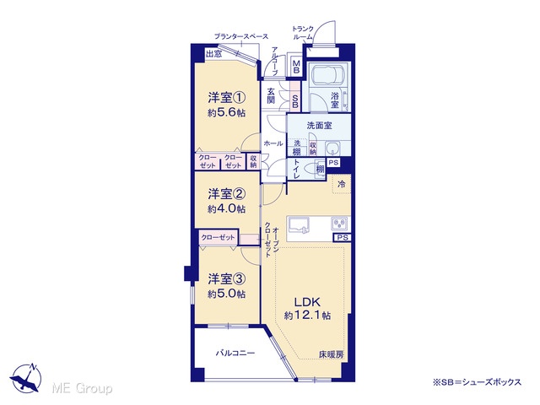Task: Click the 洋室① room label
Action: click(227, 98)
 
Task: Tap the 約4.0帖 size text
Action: click(227, 208)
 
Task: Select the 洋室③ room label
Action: click(227, 279)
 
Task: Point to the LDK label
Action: click(307, 302)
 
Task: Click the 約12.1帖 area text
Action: click(307, 315)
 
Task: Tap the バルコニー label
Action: click(235, 353)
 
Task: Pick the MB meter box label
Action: click(296, 67)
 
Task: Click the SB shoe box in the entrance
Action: click(295, 100)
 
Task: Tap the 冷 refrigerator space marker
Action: click(341, 184)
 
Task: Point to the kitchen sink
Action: click(298, 225)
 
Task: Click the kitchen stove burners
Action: click(339, 224)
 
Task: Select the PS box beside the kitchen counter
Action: click(342, 237)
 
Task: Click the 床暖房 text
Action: click(331, 354)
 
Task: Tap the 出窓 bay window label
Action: click(213, 54)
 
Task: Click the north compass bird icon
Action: click(26, 378)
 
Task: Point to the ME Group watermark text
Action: click(82, 388)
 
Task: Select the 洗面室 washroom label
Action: click(319, 126)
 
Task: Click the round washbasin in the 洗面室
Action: click(332, 148)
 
